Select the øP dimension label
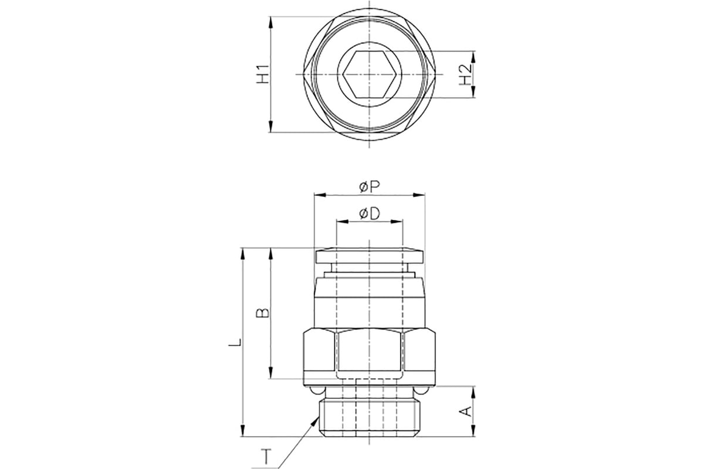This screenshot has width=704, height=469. coord(369,186)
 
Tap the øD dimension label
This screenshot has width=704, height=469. coord(369,214)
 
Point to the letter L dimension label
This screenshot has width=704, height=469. coord(233,342)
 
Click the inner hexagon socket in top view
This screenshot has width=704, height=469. coord(369,74)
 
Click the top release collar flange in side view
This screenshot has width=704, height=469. coord(369,256)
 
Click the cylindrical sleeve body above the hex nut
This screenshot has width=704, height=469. coord(369,299)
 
